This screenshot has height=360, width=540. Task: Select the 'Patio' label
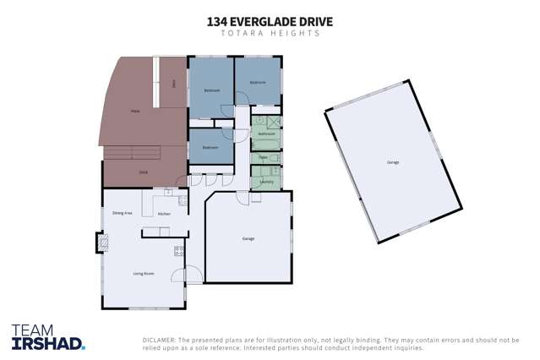134,111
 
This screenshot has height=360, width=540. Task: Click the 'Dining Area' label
123,213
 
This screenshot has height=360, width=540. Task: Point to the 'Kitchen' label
164,213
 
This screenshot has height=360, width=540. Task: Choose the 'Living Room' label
142,273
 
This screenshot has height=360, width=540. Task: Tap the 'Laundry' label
265,182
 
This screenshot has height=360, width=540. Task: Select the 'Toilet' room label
263,157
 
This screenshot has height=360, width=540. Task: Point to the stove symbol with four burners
178,250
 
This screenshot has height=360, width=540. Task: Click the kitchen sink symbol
169,194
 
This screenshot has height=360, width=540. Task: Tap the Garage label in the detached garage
393,161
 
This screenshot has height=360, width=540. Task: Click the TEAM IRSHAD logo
47,336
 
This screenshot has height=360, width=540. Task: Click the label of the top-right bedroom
258,82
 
